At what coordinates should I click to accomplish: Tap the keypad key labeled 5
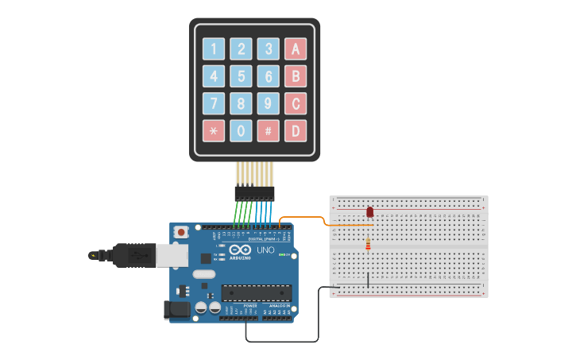tap(241, 76)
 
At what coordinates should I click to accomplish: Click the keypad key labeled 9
tap(269, 103)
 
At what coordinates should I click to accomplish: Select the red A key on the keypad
tap(296, 49)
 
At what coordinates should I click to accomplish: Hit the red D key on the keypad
tap(296, 130)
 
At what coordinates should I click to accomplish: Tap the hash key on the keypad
tap(269, 130)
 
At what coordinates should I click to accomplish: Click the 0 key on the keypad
tap(241, 130)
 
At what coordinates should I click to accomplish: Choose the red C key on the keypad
tap(296, 103)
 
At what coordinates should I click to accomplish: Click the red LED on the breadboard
tap(369, 211)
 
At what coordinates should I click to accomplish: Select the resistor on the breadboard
tap(368, 245)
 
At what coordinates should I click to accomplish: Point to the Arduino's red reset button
tap(181, 232)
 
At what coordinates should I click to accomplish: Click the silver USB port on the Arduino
tap(170, 255)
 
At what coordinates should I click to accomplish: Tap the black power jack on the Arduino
tap(176, 309)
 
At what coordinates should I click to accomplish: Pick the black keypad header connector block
tap(254, 193)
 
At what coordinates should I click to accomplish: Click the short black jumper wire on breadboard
tap(368, 280)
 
